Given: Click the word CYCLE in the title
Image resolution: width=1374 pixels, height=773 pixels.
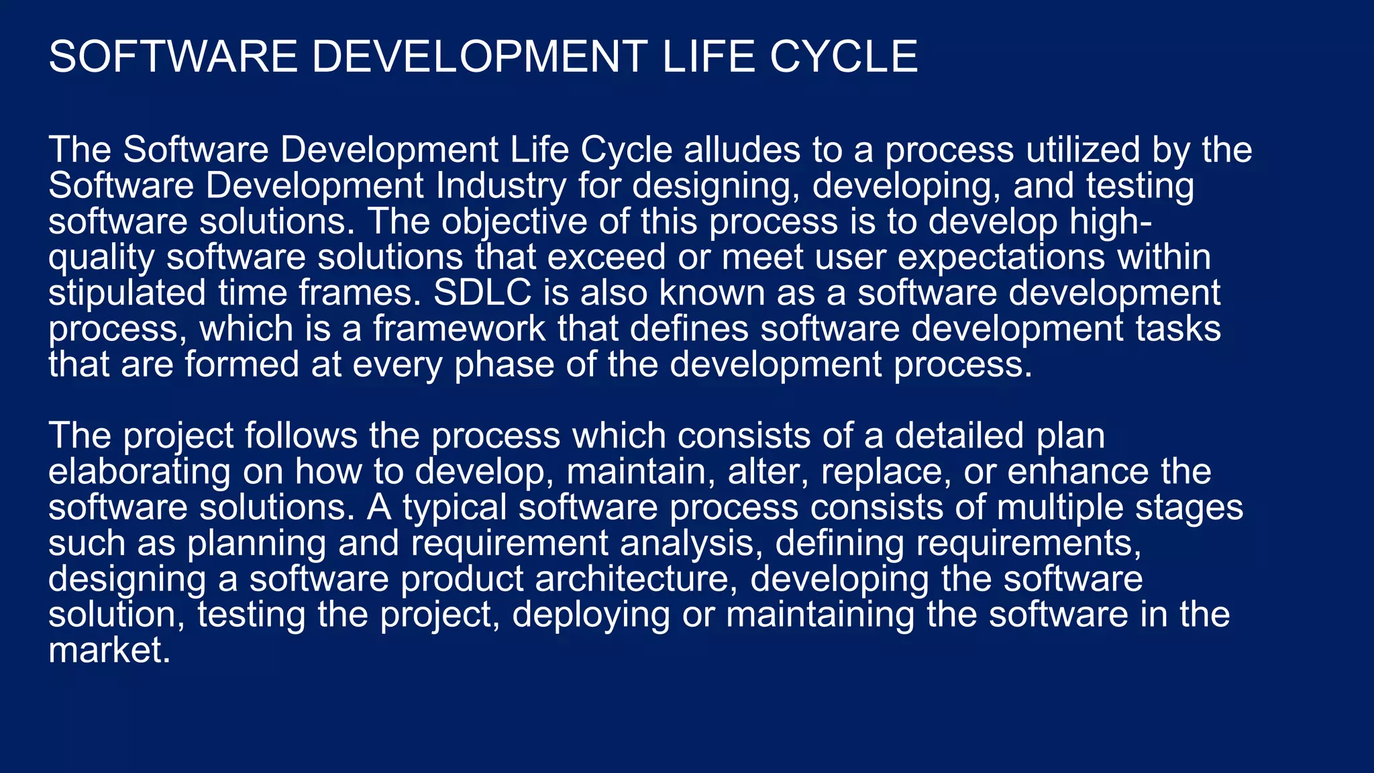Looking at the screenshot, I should click(843, 56).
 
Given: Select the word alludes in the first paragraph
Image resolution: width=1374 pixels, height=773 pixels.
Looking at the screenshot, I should click(742, 150).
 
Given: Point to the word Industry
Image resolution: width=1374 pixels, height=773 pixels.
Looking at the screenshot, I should click(501, 186).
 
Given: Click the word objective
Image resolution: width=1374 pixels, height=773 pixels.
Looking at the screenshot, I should click(514, 222).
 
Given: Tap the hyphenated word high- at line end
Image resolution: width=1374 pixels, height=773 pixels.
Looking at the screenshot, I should click(1111, 222).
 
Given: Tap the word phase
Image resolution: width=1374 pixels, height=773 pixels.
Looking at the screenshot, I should click(504, 365).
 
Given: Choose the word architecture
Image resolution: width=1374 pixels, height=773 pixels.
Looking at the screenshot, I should click(636, 579).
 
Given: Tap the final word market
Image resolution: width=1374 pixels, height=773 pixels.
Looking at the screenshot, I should click(109, 651).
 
